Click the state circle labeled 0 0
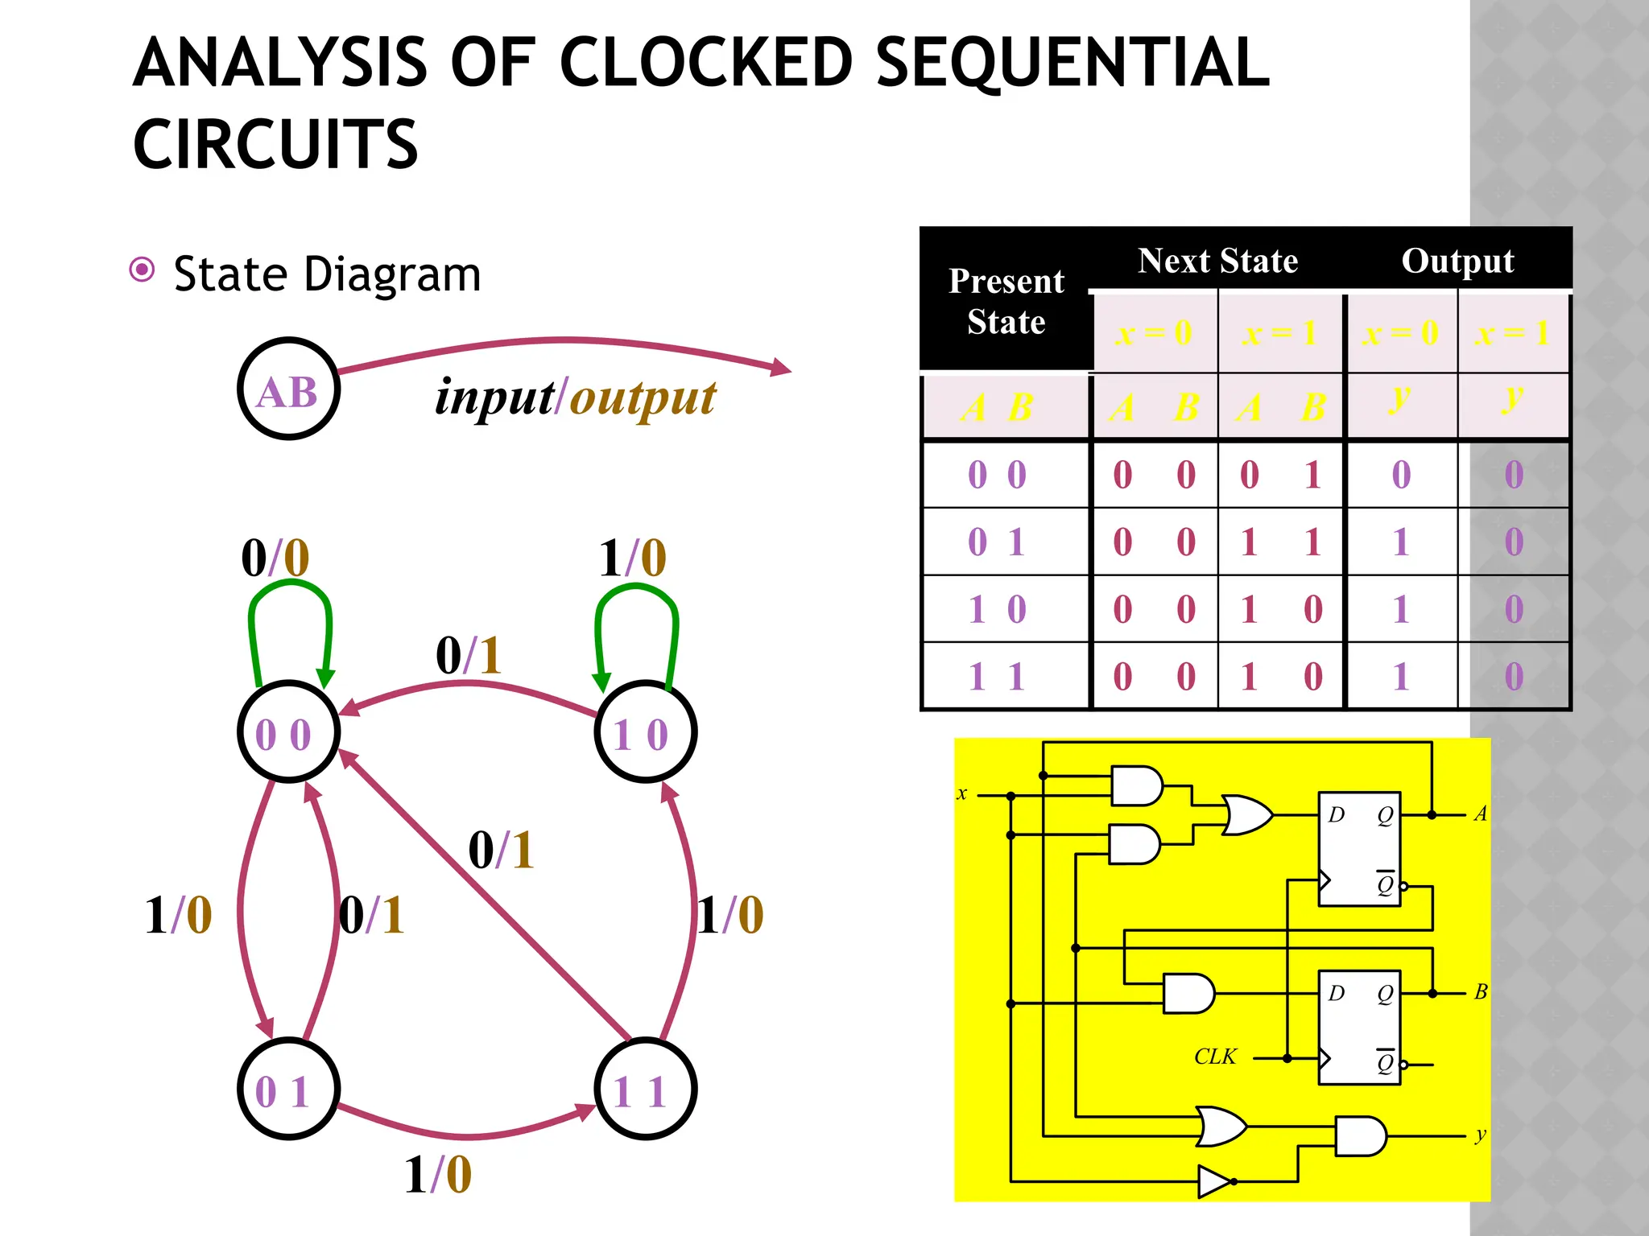pos(288,732)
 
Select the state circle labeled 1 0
pos(645,732)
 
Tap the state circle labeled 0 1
pos(288,1090)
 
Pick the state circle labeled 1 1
pos(645,1090)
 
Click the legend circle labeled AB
pos(288,389)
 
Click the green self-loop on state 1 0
pos(636,591)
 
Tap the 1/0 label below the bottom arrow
pos(437,1174)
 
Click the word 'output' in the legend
pos(643,398)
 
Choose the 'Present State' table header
pos(1006,301)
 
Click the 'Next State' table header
pos(1217,261)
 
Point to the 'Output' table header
pos(1457,261)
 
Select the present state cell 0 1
pos(997,542)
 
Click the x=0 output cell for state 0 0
pos(1401,475)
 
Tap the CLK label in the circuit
pos(1215,1057)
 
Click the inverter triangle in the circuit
pos(1214,1181)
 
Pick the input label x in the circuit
pos(961,793)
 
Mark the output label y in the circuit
pos(1480,1135)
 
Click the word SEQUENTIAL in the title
pos(1072,63)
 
